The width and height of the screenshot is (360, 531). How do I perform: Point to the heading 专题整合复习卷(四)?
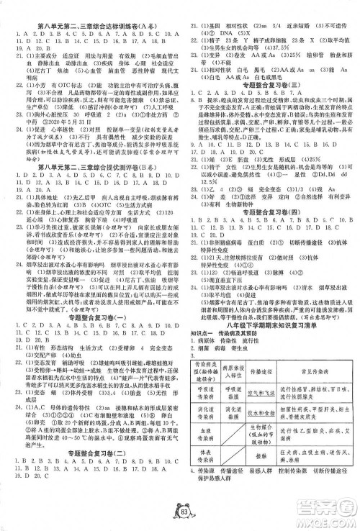(x=269, y=232)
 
